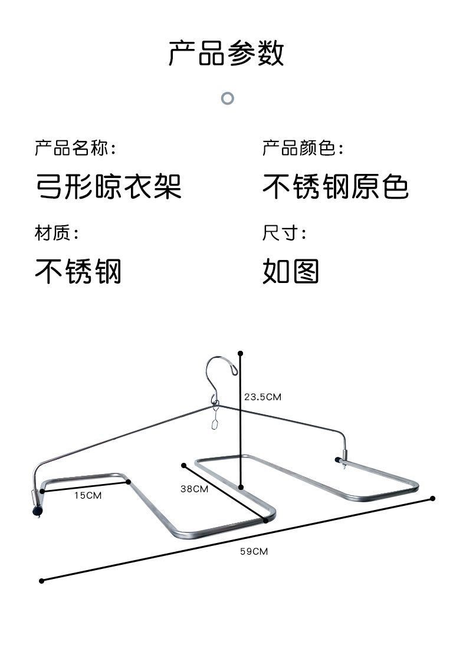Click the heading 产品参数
click(x=227, y=53)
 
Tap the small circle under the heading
click(x=228, y=98)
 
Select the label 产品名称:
click(x=75, y=148)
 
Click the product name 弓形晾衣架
click(x=108, y=187)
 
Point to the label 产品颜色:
click(x=303, y=148)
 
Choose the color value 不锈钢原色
click(x=335, y=187)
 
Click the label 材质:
click(x=56, y=233)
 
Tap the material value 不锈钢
click(x=78, y=272)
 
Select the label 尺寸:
click(x=284, y=233)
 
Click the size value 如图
click(x=291, y=272)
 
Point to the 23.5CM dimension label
click(x=262, y=397)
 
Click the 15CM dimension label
click(x=87, y=495)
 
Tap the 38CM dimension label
click(x=194, y=489)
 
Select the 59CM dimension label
click(x=254, y=551)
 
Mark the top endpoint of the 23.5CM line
click(x=240, y=354)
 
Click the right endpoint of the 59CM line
click(x=432, y=498)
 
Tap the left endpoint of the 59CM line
click(x=42, y=581)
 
